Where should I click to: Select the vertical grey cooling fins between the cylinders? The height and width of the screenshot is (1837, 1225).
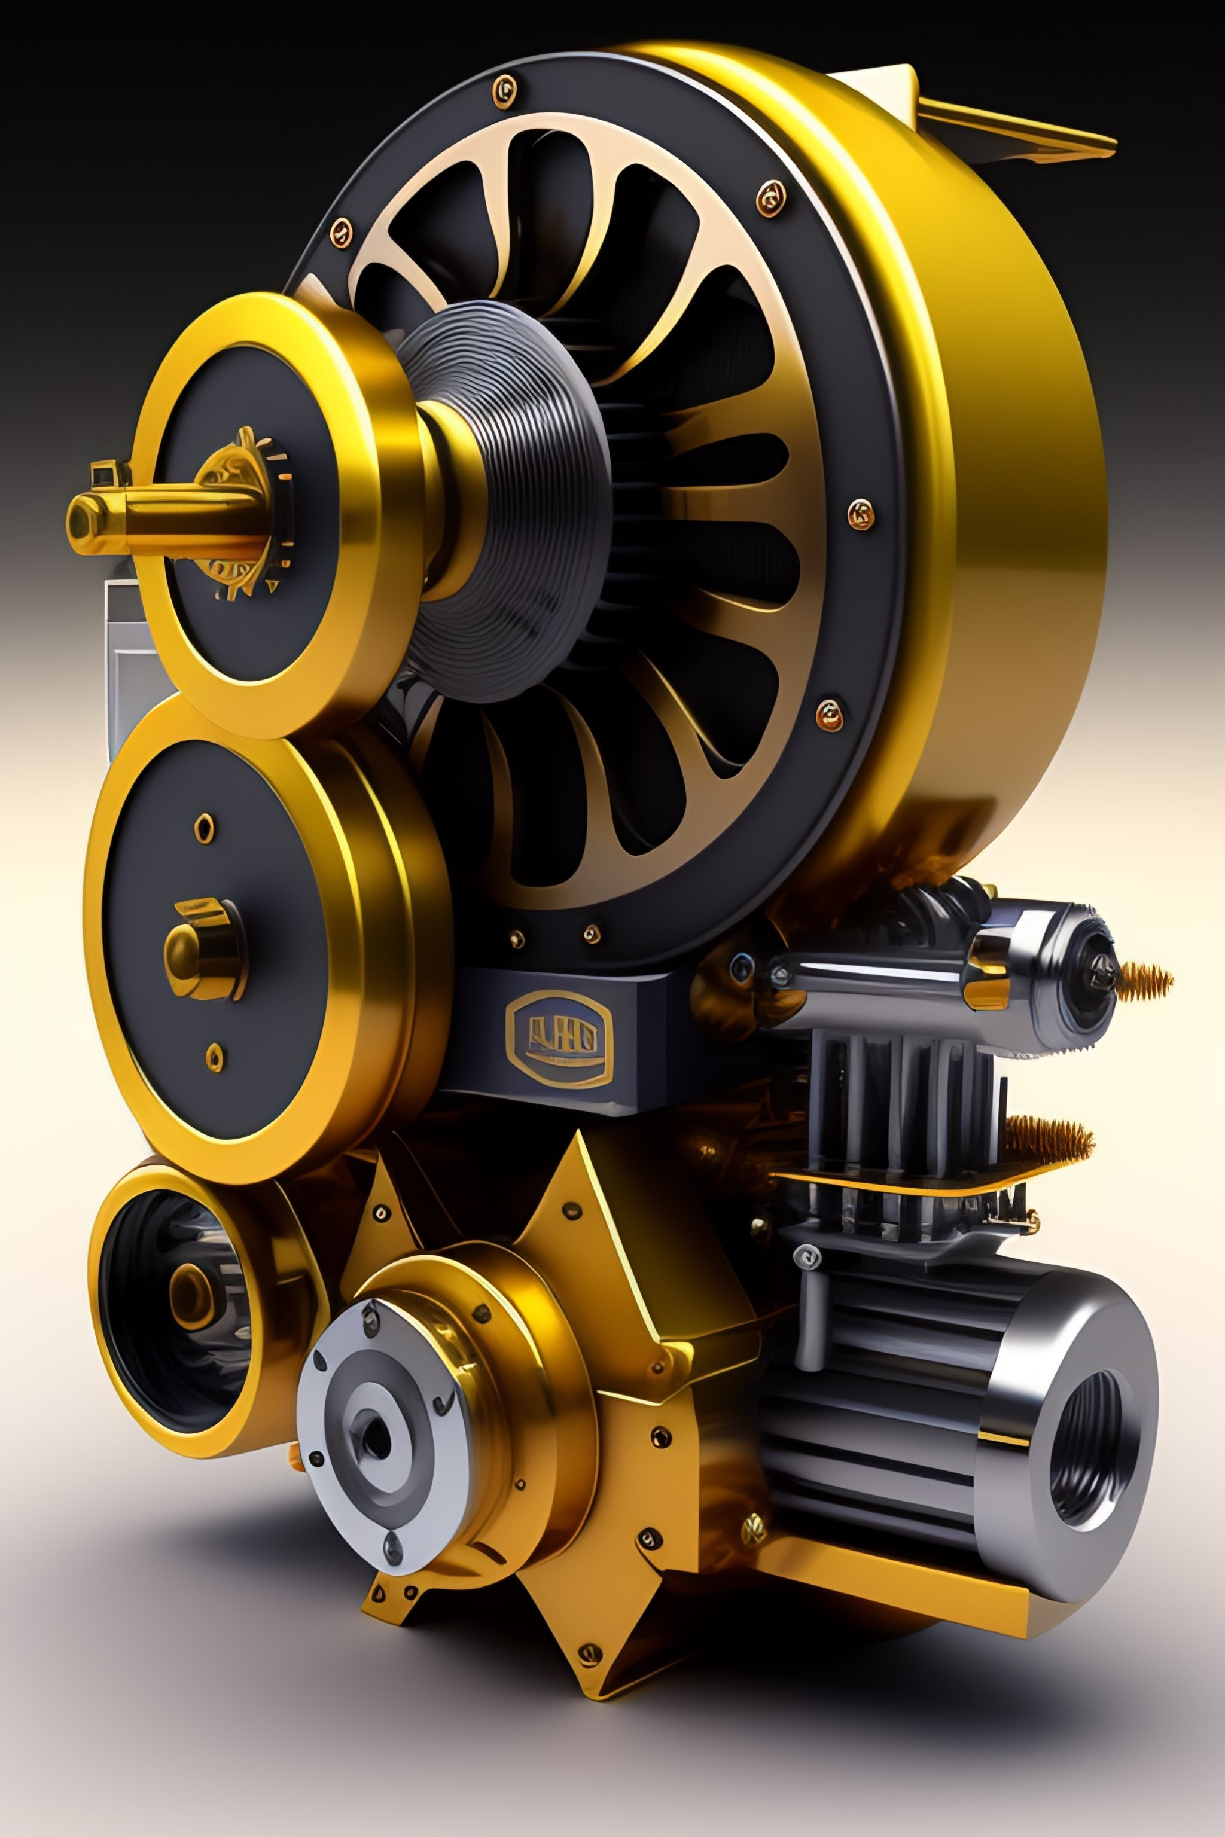[x=898, y=1094]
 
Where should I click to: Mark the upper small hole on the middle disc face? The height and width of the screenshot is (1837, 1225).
[x=204, y=827]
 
